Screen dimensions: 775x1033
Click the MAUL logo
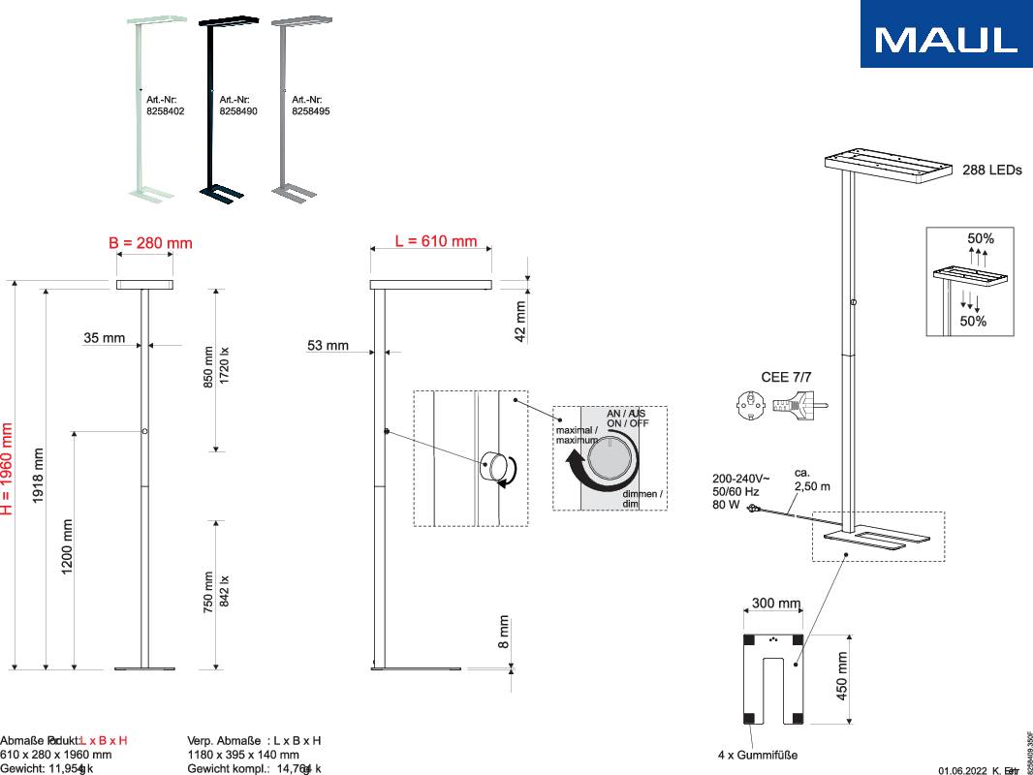[x=946, y=35]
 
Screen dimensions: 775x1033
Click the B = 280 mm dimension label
[x=150, y=242]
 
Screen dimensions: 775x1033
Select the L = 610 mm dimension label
[x=436, y=241]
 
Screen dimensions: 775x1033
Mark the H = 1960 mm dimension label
[x=8, y=468]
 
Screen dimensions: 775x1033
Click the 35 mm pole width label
[x=104, y=338]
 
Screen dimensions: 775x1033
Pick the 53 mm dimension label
[x=328, y=345]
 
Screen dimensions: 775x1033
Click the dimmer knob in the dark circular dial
[x=611, y=457]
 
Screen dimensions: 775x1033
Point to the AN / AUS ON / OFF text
[x=628, y=418]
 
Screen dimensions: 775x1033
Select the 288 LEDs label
[x=991, y=170]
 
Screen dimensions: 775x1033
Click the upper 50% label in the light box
[x=980, y=237]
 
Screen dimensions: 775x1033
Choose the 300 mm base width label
[x=776, y=604]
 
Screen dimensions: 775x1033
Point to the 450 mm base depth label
[x=842, y=675]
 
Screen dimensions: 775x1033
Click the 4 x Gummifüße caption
[x=757, y=755]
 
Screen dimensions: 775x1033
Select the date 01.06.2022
[x=961, y=770]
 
